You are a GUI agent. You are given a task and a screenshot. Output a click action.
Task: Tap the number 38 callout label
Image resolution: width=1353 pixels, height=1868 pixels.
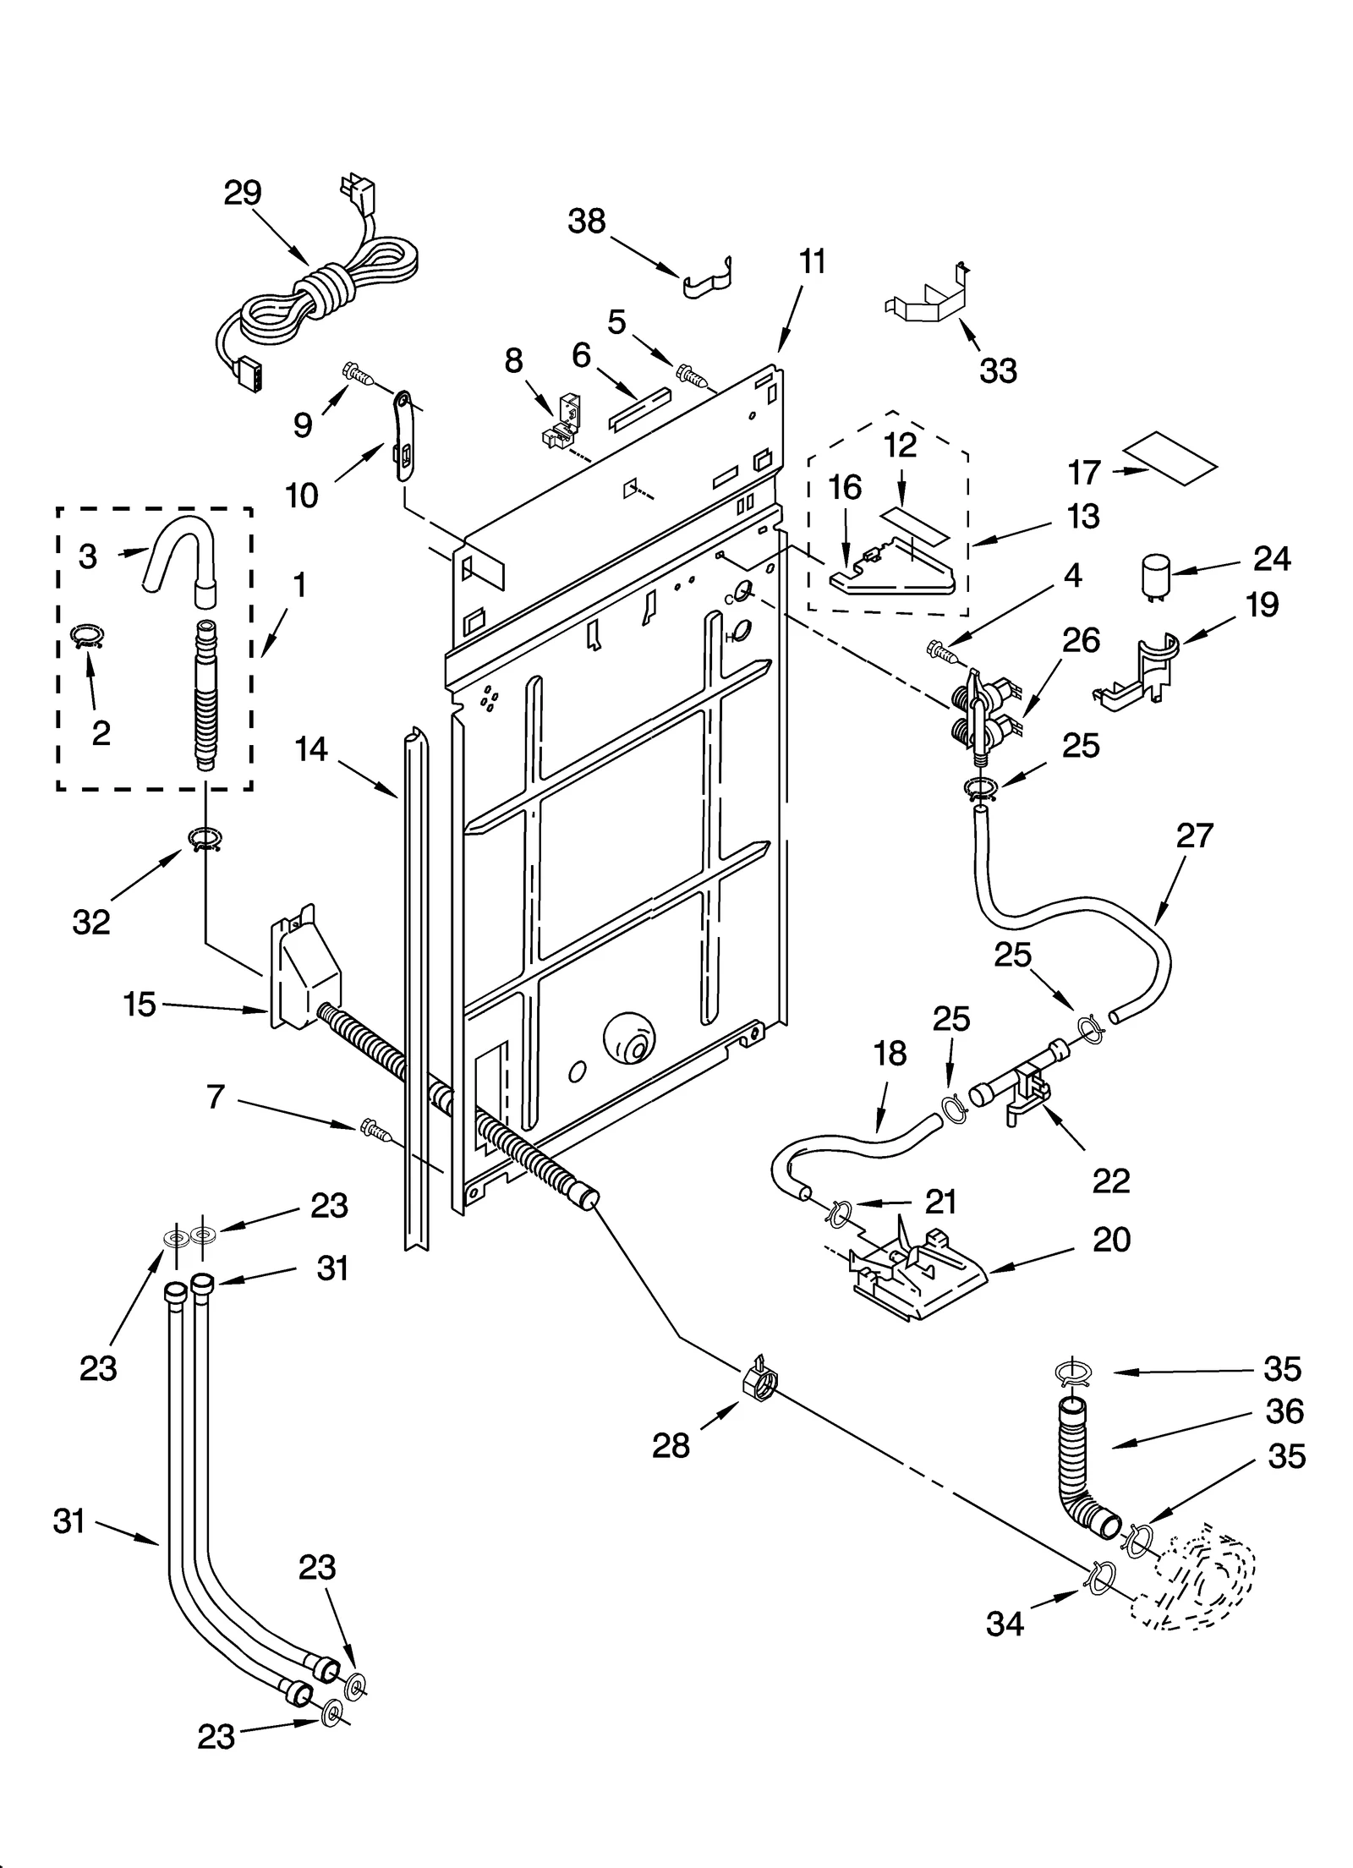[x=586, y=222]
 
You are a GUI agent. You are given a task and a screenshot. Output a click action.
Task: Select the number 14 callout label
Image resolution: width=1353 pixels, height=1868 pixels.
[x=311, y=749]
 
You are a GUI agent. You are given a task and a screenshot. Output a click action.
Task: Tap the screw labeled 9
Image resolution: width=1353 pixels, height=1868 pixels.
[x=359, y=373]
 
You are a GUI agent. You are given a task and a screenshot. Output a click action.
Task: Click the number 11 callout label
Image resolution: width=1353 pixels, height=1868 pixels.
[x=812, y=262]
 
